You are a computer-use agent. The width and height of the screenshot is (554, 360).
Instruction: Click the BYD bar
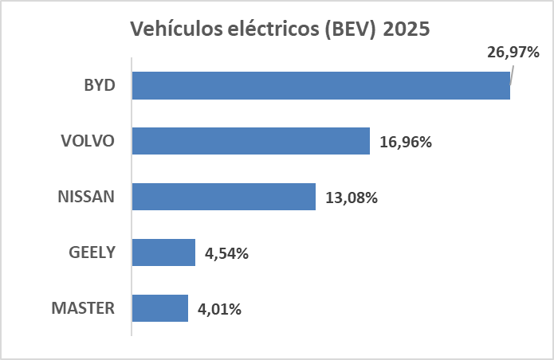coord(320,85)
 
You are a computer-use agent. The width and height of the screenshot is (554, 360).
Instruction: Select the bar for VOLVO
coord(250,141)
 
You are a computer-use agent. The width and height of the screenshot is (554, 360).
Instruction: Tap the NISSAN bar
coord(223,197)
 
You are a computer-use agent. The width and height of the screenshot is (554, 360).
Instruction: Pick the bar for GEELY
coord(163,252)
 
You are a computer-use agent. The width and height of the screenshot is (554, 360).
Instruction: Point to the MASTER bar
coord(159,308)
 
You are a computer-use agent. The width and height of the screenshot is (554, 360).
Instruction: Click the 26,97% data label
coord(513,53)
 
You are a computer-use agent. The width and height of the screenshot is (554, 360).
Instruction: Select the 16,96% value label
coord(406,143)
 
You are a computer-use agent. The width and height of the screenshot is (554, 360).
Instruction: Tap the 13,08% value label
coord(352,198)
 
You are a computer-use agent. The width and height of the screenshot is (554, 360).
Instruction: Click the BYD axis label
coord(100,85)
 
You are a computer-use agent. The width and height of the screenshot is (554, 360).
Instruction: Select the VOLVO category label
coord(88,141)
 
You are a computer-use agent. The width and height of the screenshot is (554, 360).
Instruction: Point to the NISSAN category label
coord(86,197)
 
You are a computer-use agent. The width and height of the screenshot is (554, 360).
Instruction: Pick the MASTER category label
coord(83,308)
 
